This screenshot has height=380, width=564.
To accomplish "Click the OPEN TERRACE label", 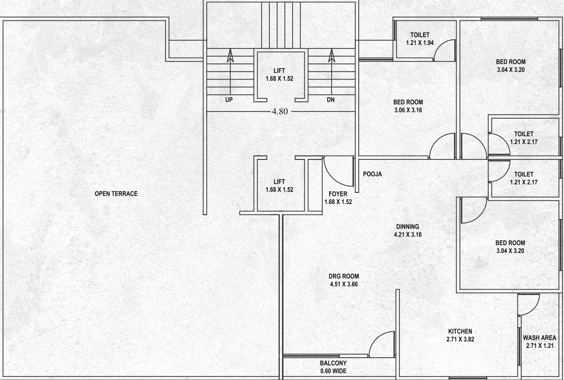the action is pyautogui.click(x=116, y=193).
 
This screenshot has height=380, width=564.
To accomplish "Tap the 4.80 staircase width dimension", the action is pyautogui.click(x=280, y=111).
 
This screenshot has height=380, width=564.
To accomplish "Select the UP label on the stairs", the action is pyautogui.click(x=229, y=100).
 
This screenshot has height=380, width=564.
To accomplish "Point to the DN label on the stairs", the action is pyautogui.click(x=331, y=100).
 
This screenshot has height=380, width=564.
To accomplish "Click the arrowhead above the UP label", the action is pyautogui.click(x=230, y=56).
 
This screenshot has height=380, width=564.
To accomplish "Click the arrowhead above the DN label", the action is pyautogui.click(x=332, y=56).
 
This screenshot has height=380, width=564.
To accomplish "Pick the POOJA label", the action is pyautogui.click(x=372, y=174).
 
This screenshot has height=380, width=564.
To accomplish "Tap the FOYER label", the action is pyautogui.click(x=338, y=194).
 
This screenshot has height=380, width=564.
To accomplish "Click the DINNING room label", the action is pyautogui.click(x=408, y=227).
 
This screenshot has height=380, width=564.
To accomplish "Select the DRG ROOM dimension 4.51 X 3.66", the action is pyautogui.click(x=344, y=284).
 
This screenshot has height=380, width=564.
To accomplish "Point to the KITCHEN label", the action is pyautogui.click(x=460, y=331).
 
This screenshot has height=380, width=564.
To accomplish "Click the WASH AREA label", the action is pyautogui.click(x=540, y=338).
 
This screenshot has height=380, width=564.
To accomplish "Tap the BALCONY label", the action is pyautogui.click(x=333, y=363).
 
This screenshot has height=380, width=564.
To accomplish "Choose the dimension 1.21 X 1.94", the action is pyautogui.click(x=420, y=43).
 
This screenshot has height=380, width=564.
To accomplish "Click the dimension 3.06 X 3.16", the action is pyautogui.click(x=408, y=110).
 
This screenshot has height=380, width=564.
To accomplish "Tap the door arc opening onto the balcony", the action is pyautogui.click(x=376, y=339).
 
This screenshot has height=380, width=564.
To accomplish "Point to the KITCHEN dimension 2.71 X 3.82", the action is pyautogui.click(x=460, y=339).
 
